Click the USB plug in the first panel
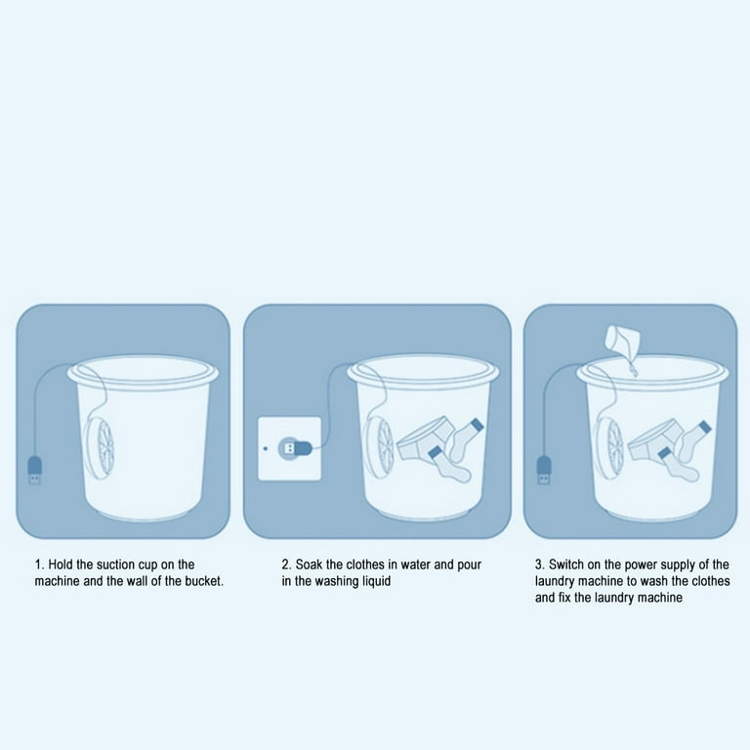[x=34, y=470]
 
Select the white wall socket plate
[x=289, y=448]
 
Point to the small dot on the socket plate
[x=266, y=448]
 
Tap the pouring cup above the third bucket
[x=623, y=341]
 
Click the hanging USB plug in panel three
[x=544, y=470]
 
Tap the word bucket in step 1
[x=204, y=581]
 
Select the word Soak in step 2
[x=309, y=564]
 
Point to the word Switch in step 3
[x=565, y=564]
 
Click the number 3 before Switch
[x=539, y=564]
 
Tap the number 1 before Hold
[x=38, y=564]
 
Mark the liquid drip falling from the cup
[x=633, y=367]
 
